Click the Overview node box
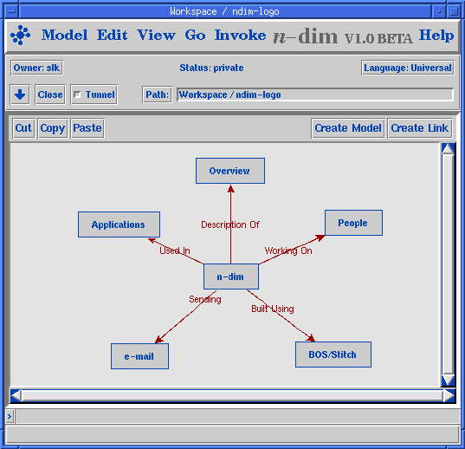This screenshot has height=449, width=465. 230,171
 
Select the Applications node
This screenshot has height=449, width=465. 119,224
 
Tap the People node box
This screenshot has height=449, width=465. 353,223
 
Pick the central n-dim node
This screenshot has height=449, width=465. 231,277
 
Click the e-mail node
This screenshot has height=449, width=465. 139,356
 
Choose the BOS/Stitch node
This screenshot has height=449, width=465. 333,355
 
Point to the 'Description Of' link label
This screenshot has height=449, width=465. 230,224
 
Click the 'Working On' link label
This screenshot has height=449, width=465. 288,251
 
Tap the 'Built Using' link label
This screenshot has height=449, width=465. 273,309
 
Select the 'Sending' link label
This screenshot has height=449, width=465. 205,299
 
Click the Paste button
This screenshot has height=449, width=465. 87,128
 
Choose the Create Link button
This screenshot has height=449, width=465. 420,128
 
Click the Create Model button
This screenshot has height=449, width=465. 348,128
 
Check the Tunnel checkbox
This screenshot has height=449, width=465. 77,94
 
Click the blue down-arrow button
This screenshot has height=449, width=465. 20,94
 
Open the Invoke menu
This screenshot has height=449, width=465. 240,36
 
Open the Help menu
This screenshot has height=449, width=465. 436,36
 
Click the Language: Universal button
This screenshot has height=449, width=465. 408,68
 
